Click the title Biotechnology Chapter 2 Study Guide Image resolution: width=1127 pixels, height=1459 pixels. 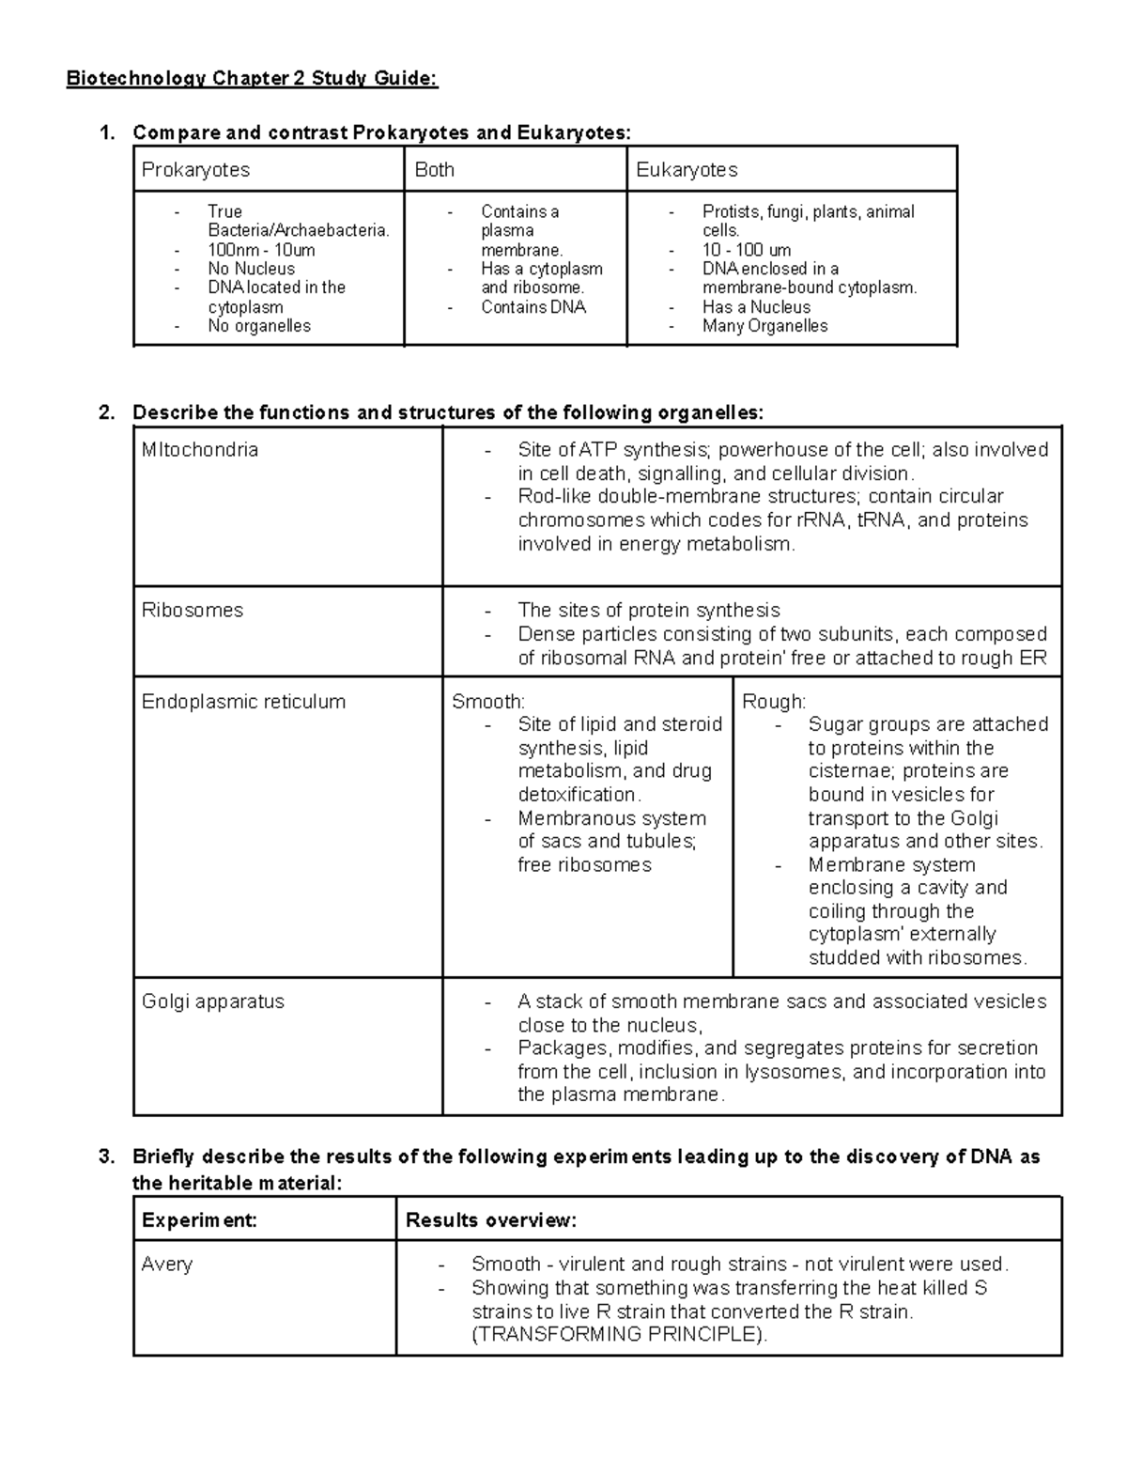click(252, 78)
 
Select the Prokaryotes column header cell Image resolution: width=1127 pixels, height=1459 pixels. click(195, 170)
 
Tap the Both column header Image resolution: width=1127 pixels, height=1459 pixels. click(434, 170)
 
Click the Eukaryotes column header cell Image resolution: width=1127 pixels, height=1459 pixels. click(687, 170)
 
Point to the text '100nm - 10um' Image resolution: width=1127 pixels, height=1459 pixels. click(261, 250)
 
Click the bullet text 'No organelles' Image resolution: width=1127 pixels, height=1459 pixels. click(258, 326)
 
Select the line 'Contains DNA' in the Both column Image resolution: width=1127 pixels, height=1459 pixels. click(533, 307)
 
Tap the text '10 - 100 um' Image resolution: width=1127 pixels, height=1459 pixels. click(747, 250)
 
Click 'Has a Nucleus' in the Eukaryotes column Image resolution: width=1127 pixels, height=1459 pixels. click(756, 307)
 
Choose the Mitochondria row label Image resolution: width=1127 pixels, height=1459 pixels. click(199, 450)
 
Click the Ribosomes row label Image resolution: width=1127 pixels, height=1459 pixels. click(192, 611)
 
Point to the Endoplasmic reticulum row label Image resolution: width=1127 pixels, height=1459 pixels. click(243, 702)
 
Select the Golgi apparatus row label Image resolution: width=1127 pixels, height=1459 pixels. click(212, 1001)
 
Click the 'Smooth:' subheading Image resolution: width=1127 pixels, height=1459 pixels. click(488, 702)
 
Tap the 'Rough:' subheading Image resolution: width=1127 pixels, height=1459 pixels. click(774, 702)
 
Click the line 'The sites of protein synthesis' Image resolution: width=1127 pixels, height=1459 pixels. click(648, 611)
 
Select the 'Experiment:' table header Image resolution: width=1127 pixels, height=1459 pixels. click(199, 1220)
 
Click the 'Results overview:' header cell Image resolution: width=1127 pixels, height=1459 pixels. click(490, 1220)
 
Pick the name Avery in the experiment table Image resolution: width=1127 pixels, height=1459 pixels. click(166, 1265)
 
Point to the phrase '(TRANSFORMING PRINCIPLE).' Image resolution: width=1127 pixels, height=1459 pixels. click(619, 1335)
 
